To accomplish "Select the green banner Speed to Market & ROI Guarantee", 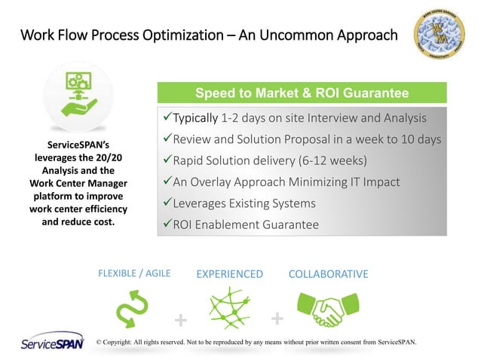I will (302, 93).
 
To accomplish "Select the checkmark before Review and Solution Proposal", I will (167, 140).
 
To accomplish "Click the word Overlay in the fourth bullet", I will (220, 182).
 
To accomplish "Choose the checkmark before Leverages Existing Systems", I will (167, 203).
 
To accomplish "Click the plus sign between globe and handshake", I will (277, 319).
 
